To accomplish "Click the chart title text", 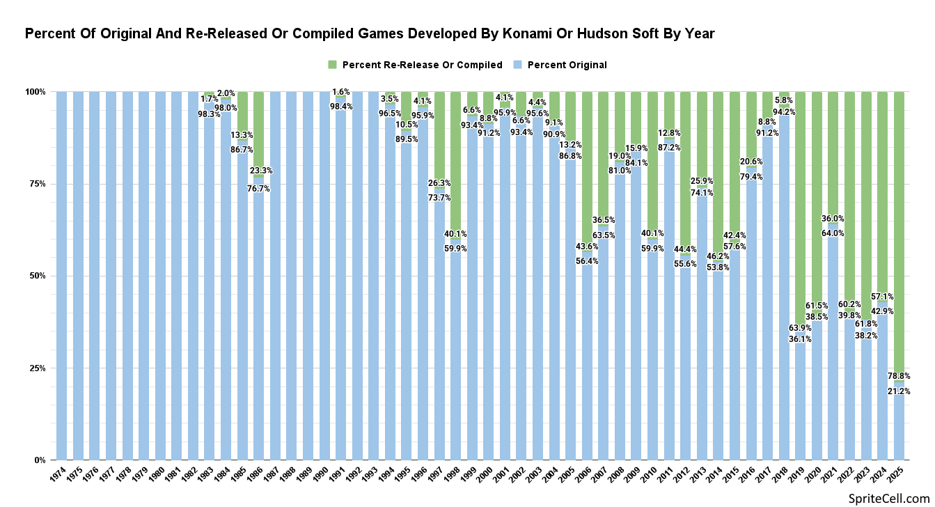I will pos(370,33).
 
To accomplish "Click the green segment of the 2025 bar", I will pos(899,230).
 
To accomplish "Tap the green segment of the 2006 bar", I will pos(588,167).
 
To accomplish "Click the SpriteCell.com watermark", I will pos(889,497).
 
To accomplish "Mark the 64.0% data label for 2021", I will pos(833,233).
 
